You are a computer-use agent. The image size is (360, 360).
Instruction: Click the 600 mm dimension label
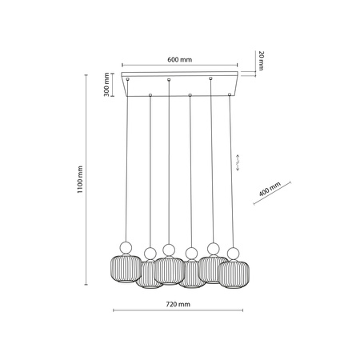tap(179, 59)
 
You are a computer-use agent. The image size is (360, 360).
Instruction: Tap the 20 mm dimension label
tap(262, 61)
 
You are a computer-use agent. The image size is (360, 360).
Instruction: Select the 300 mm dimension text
tap(106, 84)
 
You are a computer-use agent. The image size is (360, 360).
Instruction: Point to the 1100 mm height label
tap(80, 179)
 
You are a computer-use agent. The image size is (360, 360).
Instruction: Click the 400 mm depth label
tap(270, 189)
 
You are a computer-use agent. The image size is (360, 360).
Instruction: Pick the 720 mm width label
tap(178, 304)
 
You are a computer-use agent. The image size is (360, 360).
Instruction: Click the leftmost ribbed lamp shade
tap(126, 268)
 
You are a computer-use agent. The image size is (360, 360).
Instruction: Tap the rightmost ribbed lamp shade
tap(234, 274)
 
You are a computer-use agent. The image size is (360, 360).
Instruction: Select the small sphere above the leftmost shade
tap(126, 248)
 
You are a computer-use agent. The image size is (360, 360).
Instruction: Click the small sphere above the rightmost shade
tap(234, 254)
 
